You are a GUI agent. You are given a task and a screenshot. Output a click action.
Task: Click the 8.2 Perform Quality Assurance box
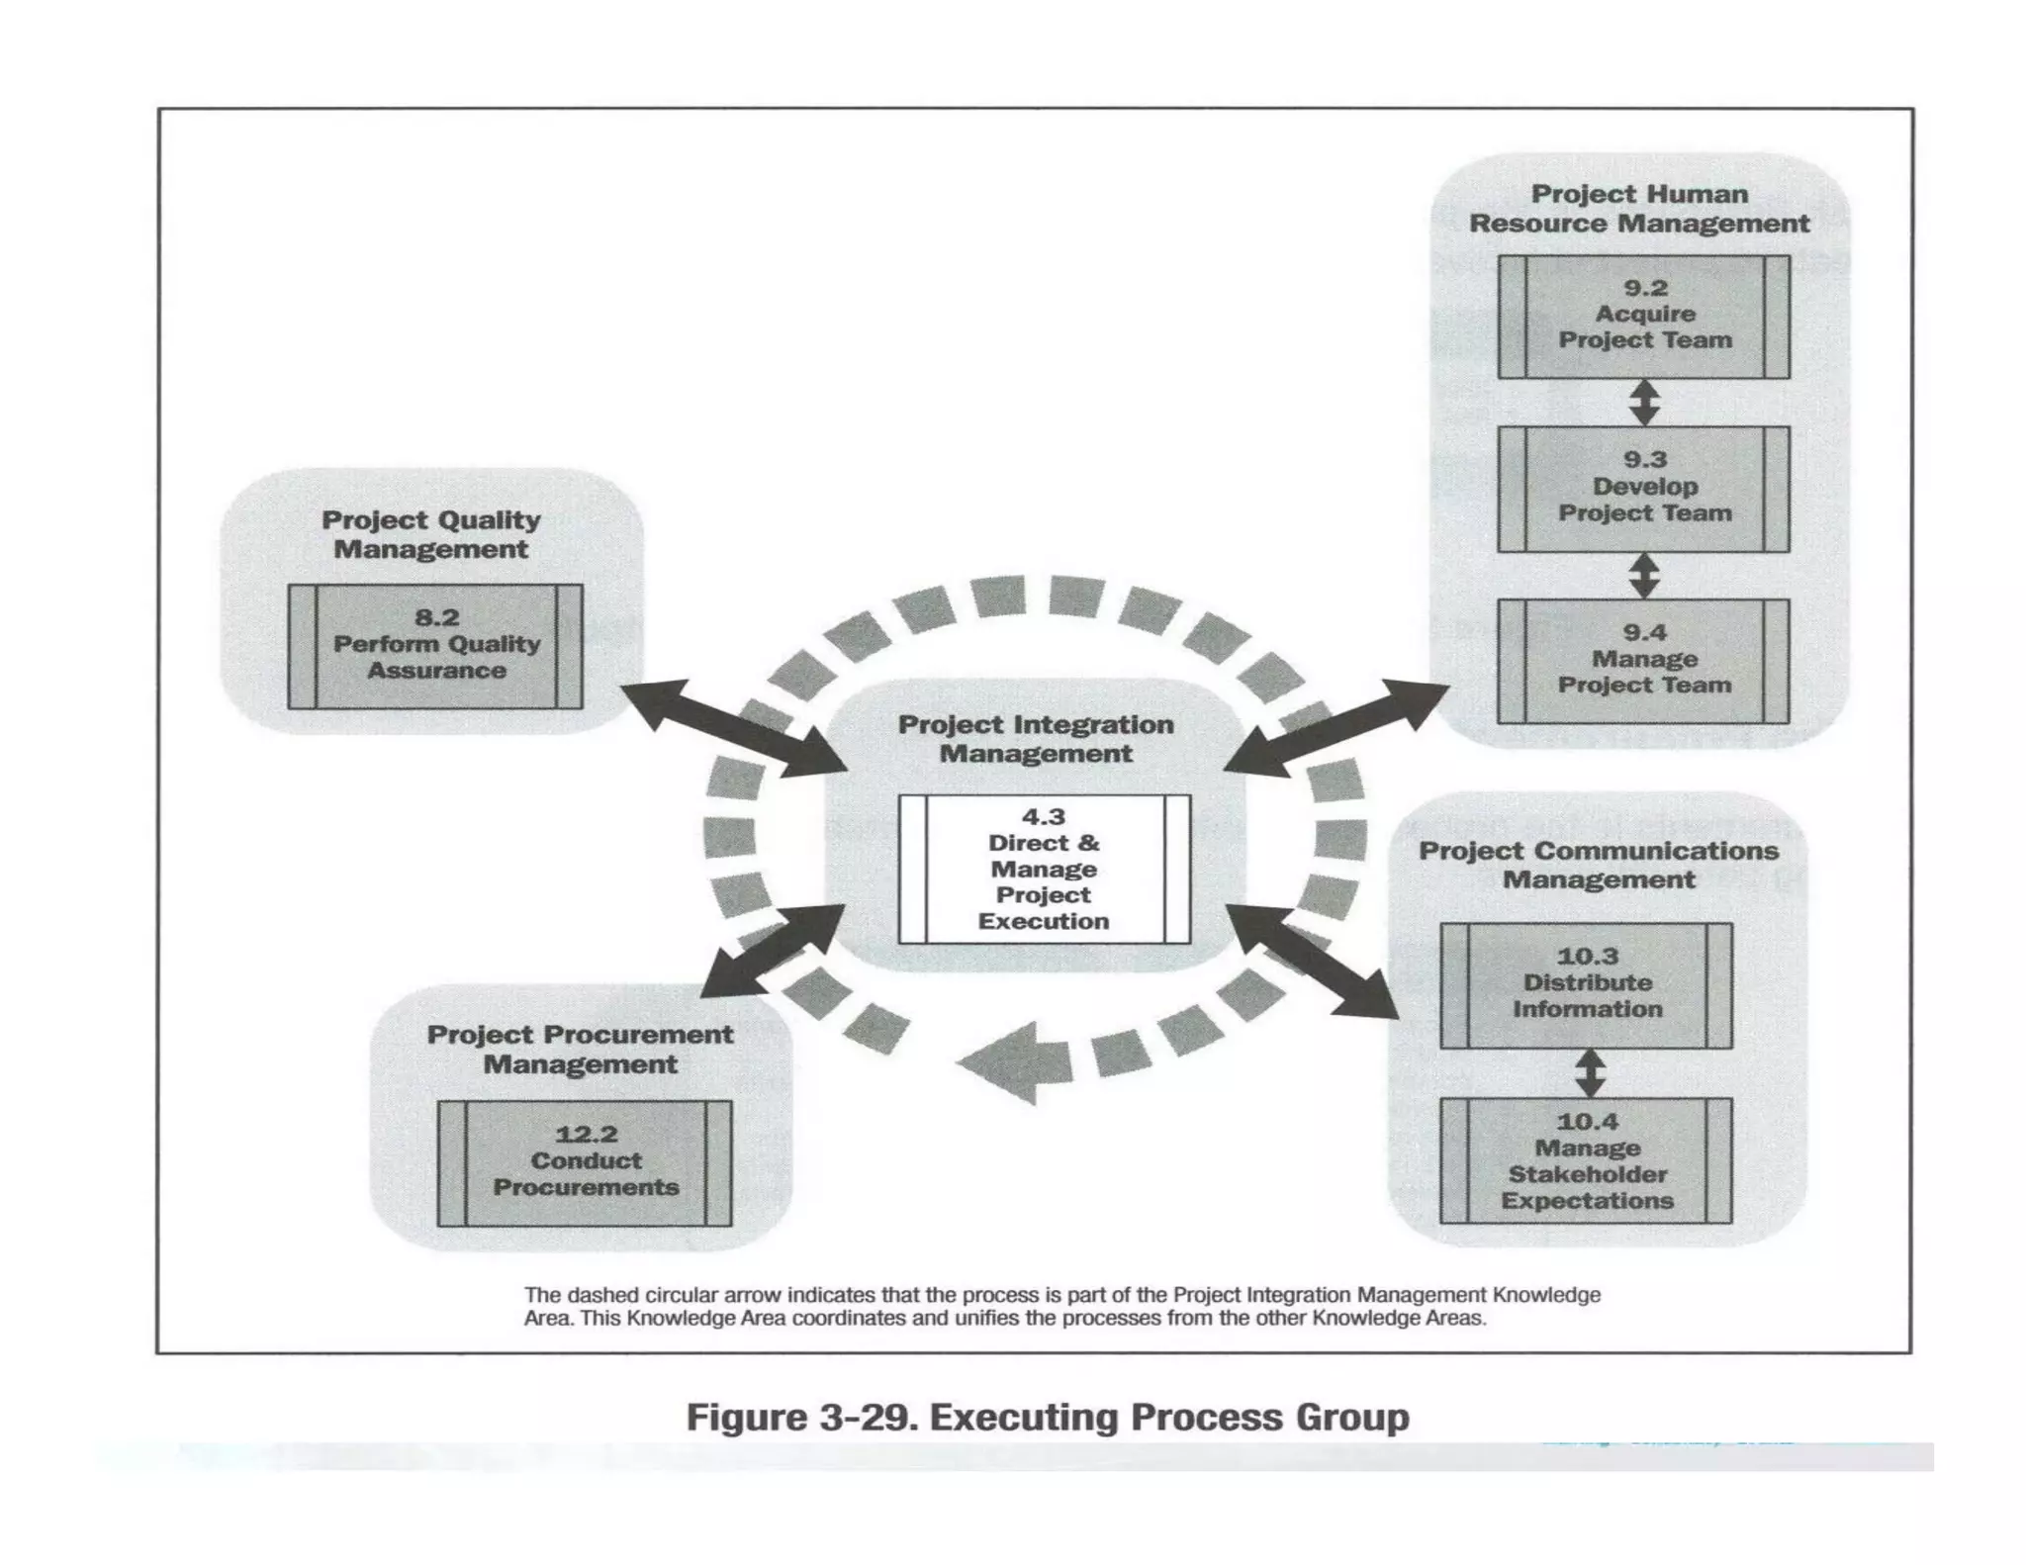coord(435,646)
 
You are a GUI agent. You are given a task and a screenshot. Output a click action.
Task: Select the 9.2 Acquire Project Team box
coord(1643,317)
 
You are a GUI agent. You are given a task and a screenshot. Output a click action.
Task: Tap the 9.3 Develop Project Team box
coord(1643,489)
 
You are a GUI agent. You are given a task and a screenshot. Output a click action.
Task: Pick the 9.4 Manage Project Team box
coord(1643,661)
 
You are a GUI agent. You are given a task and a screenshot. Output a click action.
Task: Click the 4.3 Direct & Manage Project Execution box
coord(1044,870)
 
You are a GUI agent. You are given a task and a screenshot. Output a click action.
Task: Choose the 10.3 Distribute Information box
coord(1586,985)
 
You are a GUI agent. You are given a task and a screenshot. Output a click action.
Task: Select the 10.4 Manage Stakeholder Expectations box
coord(1586,1160)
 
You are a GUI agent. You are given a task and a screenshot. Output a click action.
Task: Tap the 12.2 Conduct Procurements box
coord(585,1163)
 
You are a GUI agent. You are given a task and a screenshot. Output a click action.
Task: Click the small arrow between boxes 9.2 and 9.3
coord(1644,403)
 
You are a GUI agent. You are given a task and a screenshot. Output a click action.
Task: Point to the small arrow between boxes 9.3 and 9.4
coord(1644,575)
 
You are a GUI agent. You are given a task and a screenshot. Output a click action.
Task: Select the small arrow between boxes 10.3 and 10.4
coord(1589,1072)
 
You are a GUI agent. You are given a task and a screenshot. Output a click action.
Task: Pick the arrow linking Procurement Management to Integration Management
coord(772,951)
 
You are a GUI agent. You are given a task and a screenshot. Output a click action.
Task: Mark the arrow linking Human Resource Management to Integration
coord(1335,727)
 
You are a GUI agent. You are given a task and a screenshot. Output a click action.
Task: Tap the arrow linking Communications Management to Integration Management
coord(1312,960)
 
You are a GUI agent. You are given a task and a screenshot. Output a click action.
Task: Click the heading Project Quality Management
coord(431,534)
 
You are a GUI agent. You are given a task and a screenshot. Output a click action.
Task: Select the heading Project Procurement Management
coord(581,1049)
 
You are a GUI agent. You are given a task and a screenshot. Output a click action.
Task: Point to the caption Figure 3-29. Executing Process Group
coord(1047,1417)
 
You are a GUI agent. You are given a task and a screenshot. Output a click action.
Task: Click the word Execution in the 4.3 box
coord(1044,921)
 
